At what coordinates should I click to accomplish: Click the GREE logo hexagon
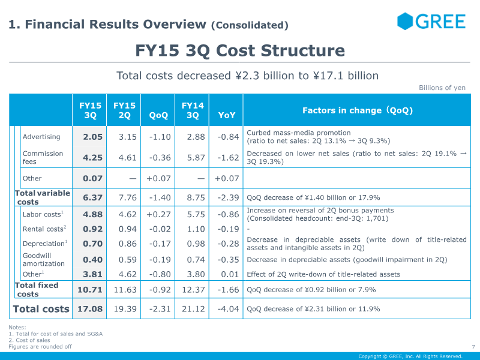coord(405,21)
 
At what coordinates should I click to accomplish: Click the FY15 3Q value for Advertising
coord(92,137)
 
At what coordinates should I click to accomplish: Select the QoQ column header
coord(158,115)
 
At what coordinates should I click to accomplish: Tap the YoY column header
coord(227,115)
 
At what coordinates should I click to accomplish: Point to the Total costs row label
coord(41,309)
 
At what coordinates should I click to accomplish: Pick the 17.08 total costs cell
coord(90,309)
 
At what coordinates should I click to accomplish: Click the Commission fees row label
coord(43,157)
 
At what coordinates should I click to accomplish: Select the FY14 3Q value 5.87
coord(196,158)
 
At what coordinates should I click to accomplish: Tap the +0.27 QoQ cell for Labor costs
coord(158,214)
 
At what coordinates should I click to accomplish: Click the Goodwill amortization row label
coord(43,260)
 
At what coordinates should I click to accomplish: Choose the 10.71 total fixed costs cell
coord(90,290)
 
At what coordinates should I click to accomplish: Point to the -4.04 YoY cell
coord(228,309)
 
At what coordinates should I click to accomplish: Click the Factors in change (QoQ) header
coord(358,110)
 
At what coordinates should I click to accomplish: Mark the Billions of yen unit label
coord(442,88)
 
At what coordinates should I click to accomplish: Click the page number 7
coord(473,347)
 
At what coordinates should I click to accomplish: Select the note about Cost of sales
coord(29,340)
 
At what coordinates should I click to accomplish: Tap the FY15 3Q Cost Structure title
coord(240,50)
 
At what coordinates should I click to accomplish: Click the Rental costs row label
coord(44,229)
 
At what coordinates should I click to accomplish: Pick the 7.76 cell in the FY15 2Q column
coord(127,197)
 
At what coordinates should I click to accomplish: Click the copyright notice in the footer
coord(410,356)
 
